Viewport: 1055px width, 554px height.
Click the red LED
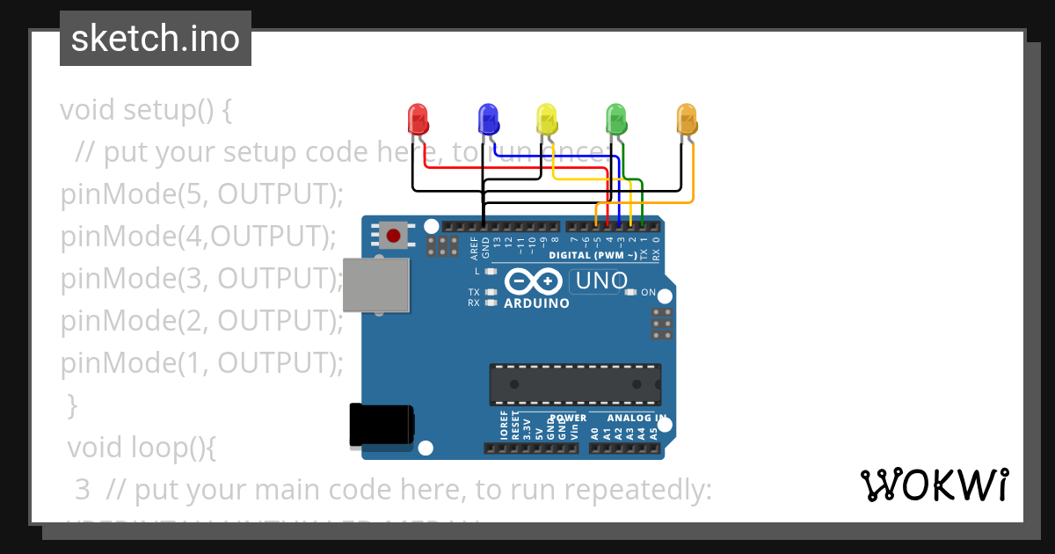417,119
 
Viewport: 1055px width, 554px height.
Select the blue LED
487,119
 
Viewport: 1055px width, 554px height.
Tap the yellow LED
547,119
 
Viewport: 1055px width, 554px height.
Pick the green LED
616,119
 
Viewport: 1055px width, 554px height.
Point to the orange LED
687,119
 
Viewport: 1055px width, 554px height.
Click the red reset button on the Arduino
394,236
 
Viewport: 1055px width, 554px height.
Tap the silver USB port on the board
376,285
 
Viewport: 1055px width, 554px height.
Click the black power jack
382,426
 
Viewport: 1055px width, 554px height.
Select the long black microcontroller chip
575,384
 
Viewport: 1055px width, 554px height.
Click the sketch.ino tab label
156,39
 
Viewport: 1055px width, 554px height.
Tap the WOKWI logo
934,485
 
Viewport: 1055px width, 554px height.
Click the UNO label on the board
601,281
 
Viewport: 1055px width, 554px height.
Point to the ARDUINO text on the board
536,303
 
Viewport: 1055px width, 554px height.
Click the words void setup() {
146,111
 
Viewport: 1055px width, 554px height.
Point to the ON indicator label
648,292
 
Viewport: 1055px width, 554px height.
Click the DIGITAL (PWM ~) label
593,256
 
